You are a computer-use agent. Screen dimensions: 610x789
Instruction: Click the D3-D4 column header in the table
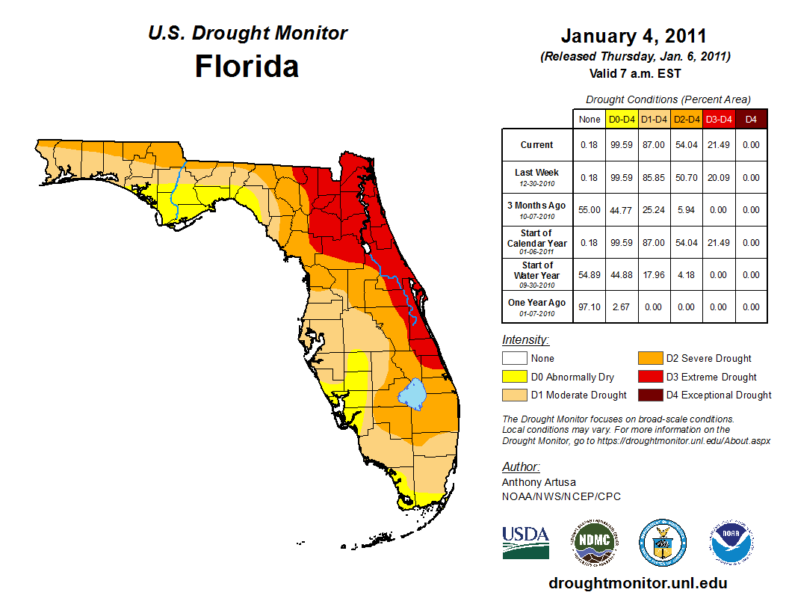pos(718,119)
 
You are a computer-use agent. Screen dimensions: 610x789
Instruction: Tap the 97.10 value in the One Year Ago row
pos(590,306)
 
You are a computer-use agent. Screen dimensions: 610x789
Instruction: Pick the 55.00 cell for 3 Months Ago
pos(590,210)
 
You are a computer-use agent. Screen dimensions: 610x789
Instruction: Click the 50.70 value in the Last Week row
pos(686,178)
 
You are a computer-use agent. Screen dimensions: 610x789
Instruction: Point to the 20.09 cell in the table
pos(718,178)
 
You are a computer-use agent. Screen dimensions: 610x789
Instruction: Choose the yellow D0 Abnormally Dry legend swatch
pos(513,377)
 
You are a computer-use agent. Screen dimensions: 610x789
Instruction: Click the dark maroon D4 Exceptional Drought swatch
pos(649,395)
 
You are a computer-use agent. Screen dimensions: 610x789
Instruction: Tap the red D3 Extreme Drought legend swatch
pos(649,377)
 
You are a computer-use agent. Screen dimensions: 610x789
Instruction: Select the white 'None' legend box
pos(513,359)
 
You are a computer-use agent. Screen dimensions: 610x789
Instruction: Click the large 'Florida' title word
pos(247,67)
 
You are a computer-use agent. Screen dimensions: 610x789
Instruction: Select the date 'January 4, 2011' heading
pos(634,36)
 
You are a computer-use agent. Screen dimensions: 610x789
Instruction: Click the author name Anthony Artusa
pos(539,482)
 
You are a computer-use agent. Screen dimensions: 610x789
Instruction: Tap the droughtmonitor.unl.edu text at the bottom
pos(637,583)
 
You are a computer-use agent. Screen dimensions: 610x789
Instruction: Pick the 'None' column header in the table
pos(590,119)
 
